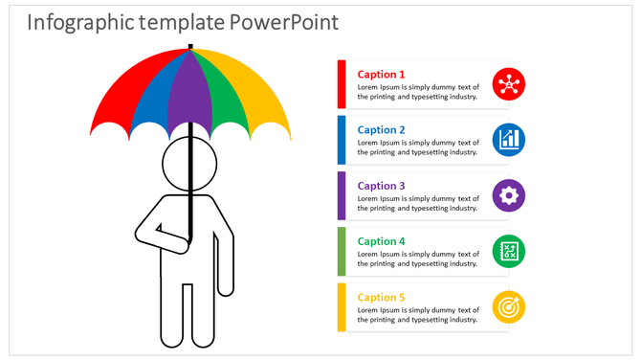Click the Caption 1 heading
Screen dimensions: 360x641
click(x=381, y=75)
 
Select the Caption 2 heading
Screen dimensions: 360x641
click(x=381, y=130)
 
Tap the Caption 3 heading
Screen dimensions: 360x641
click(x=381, y=186)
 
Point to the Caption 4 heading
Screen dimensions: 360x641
click(x=381, y=241)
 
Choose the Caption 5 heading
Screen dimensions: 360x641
click(x=381, y=297)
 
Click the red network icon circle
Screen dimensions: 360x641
click(x=508, y=84)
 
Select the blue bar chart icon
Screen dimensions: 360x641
click(x=508, y=140)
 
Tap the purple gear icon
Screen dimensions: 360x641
click(x=508, y=195)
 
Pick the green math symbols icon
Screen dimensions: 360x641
click(x=508, y=251)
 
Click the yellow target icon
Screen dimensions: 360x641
click(x=508, y=306)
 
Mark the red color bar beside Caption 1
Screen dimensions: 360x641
click(x=342, y=84)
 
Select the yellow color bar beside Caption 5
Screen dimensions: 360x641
click(x=342, y=306)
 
